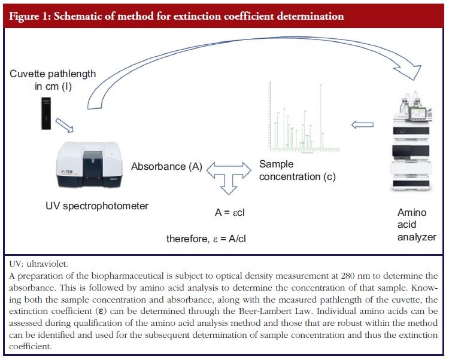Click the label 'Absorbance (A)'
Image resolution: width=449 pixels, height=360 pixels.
pos(166,167)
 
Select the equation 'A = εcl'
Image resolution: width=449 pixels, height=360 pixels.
pos(231,212)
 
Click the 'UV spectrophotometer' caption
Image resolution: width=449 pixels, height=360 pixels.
pos(96,206)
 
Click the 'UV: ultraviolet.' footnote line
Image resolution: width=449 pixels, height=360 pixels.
pos(38,263)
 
